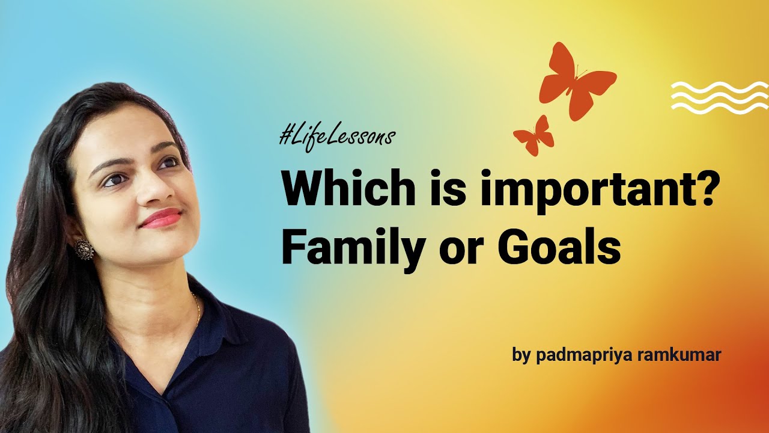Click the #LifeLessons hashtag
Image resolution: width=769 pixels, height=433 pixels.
point(337,136)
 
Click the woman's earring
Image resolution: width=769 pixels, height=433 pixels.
point(84,249)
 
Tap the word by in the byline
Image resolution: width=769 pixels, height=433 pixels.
point(521,354)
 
